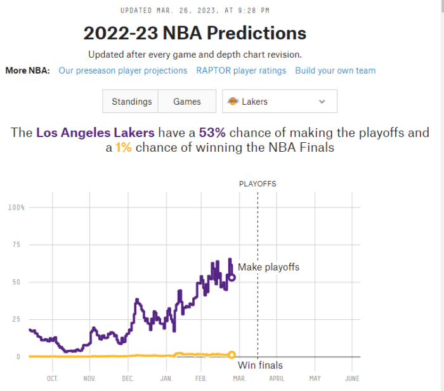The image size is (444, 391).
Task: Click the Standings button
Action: coord(131,102)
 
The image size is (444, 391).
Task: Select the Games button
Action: coord(186,102)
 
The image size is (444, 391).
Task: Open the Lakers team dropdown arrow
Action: coord(322,102)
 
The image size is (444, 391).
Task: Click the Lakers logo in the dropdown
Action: coord(233,102)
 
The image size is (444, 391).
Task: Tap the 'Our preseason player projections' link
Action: coord(123,70)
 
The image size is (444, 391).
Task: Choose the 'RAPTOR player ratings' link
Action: coord(241,70)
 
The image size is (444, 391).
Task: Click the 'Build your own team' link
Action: coord(335,70)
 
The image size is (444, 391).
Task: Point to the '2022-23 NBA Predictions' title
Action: coord(195,33)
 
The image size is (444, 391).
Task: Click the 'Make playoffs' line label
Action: coord(268,267)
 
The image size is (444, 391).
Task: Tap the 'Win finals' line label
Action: coord(260,365)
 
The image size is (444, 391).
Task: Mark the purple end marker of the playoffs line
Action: coord(232,277)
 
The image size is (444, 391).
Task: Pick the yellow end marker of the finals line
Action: coord(232,355)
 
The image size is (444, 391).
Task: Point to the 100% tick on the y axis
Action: coord(16,208)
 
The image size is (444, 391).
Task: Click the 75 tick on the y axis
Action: coord(17,245)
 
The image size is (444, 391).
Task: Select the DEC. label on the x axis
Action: coord(128,379)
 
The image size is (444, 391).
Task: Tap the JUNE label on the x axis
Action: coord(352,379)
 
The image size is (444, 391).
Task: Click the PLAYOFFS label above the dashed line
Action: coord(258,184)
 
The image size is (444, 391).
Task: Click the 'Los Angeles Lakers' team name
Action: coord(95,133)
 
